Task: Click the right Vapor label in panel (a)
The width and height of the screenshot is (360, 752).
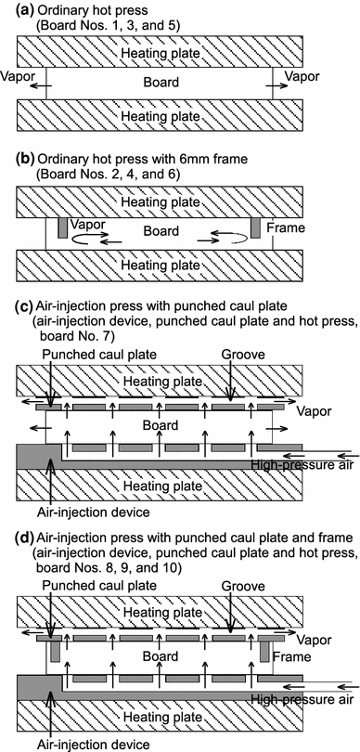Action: [302, 76]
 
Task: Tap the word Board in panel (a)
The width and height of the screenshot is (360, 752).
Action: [161, 82]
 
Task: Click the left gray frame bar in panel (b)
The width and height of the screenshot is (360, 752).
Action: [62, 227]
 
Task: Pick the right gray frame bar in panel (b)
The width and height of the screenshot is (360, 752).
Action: [255, 227]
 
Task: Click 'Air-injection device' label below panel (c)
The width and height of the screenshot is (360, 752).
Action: [94, 512]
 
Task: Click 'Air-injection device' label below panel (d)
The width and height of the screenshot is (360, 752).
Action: [94, 744]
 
